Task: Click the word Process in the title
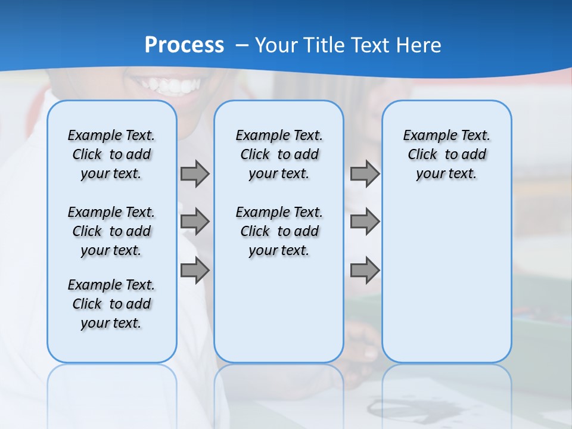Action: (184, 45)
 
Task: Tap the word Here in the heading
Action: (419, 45)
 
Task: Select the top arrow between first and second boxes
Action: (195, 173)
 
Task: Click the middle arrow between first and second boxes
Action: (195, 222)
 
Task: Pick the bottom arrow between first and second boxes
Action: (195, 271)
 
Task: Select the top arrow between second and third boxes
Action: (365, 173)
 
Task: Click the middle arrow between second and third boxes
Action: (365, 222)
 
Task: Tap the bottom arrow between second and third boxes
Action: (365, 271)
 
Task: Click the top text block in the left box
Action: (111, 154)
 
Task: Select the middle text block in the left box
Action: (111, 231)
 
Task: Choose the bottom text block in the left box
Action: (111, 304)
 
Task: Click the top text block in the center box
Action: (279, 154)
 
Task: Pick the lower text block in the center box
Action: (279, 231)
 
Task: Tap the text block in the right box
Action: (446, 154)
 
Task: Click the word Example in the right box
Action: (425, 135)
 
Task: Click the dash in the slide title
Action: (242, 45)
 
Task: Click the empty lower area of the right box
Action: (446, 280)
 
